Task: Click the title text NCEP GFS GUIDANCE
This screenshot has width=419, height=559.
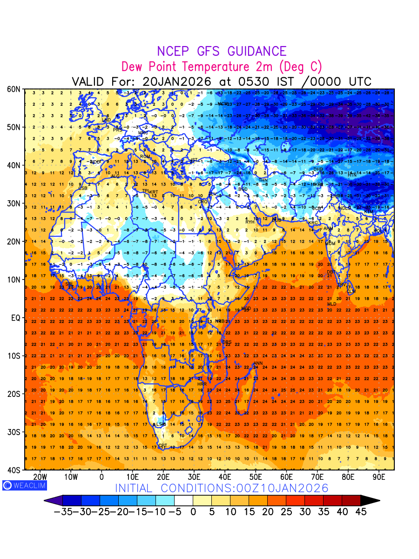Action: click(x=222, y=51)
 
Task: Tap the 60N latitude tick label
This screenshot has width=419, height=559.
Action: click(x=13, y=89)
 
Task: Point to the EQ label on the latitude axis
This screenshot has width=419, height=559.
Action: click(x=15, y=318)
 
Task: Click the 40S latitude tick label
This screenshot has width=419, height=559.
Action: click(x=13, y=470)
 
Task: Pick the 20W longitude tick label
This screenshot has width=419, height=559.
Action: click(x=41, y=477)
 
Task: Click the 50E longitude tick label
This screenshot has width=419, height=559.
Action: click(x=256, y=477)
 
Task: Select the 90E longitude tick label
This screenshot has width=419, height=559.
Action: click(x=379, y=477)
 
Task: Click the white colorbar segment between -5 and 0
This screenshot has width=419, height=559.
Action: click(x=183, y=501)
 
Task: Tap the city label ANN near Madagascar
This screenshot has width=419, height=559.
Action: click(x=258, y=363)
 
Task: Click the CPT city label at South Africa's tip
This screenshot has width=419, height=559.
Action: click(x=162, y=446)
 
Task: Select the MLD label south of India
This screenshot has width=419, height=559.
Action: click(x=331, y=304)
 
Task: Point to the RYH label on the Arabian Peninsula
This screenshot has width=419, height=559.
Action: click(x=250, y=222)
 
